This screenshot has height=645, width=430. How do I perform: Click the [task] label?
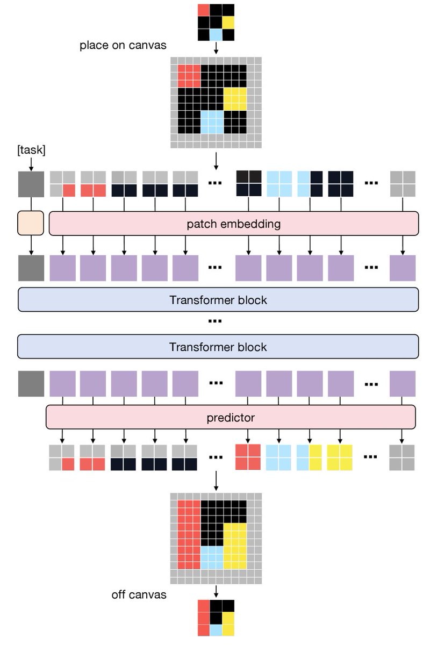coord(31,151)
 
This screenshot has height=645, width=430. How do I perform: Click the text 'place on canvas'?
coord(123,45)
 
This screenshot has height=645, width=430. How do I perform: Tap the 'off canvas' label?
coord(139,594)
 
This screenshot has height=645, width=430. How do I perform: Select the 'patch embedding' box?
coord(233,224)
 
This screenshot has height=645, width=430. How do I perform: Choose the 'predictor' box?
coord(231,418)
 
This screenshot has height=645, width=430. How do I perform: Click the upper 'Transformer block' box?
coord(218,299)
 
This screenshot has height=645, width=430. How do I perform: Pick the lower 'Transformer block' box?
coord(218,347)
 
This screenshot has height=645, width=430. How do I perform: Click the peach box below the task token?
coord(30,223)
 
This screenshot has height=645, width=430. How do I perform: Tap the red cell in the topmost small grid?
coord(204,10)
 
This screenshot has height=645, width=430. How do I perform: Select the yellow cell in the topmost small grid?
coord(228,23)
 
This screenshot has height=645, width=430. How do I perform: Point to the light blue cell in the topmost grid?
coord(216,35)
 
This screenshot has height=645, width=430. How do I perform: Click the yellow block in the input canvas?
coord(235,99)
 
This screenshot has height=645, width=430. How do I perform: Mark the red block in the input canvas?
coord(189,76)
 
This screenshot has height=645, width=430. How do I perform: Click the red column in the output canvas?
coord(189,537)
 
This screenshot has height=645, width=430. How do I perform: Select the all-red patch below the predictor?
coord(248,457)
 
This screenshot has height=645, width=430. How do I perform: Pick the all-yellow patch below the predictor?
coord(340,457)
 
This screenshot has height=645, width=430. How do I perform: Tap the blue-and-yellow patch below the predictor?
coord(309,457)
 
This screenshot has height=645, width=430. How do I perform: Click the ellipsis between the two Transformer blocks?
coord(215,321)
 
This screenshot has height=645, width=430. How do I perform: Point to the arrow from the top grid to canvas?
coord(216,48)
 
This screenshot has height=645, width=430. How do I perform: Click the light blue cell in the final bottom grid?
coord(216,630)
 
